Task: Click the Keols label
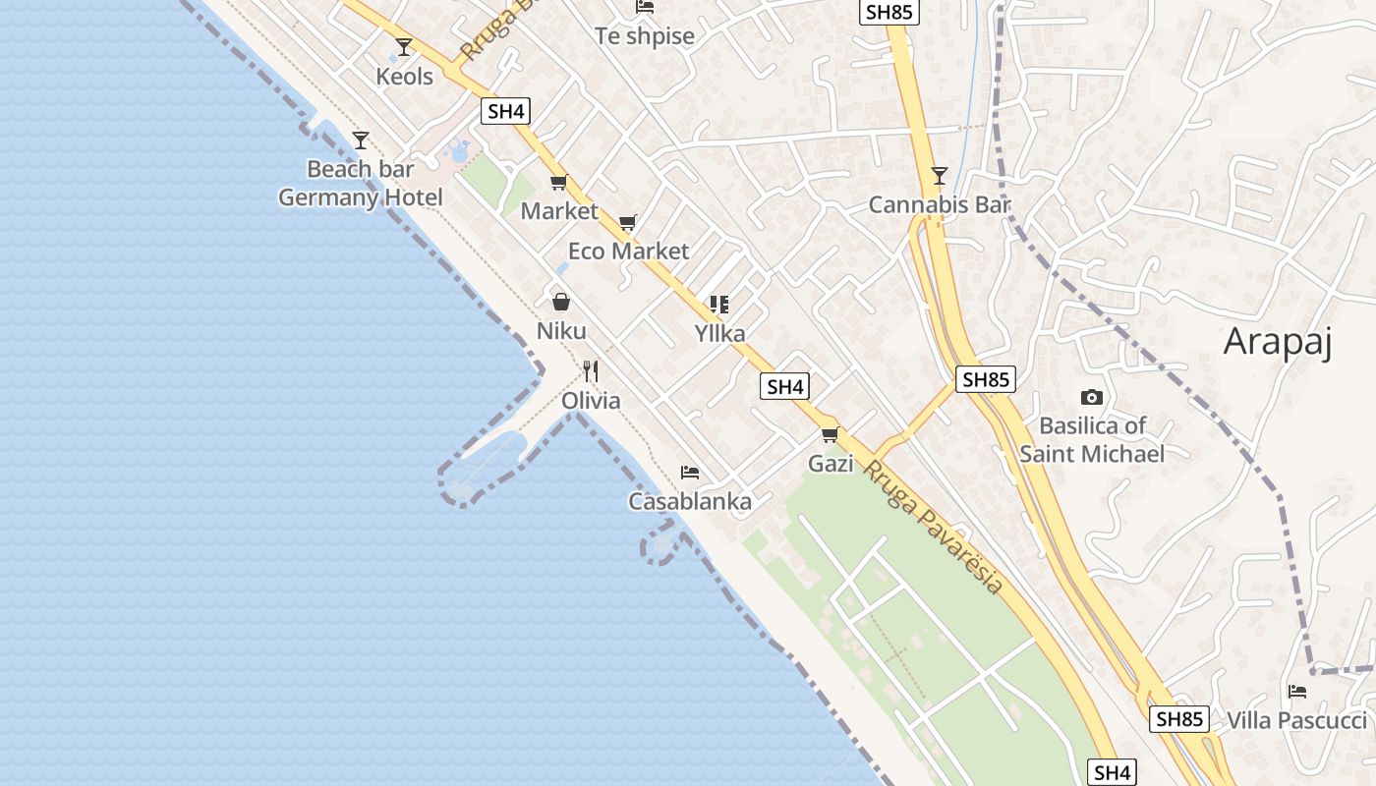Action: [x=404, y=76]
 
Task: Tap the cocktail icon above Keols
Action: [x=404, y=46]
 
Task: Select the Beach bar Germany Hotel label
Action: [x=361, y=184]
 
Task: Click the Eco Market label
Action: [x=629, y=251]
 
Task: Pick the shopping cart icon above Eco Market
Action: [x=628, y=222]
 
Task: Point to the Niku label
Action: [x=561, y=330]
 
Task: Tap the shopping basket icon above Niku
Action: [x=561, y=302]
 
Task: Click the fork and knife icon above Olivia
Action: [x=591, y=371]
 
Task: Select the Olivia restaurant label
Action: [x=591, y=400]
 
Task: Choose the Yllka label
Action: [x=720, y=333]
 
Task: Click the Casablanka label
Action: [x=690, y=501]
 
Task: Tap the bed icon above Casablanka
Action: [x=690, y=473]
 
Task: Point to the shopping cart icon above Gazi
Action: [x=831, y=434]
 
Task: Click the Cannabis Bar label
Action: [x=940, y=205]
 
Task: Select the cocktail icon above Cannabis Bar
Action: [x=940, y=176]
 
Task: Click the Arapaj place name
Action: [x=1278, y=342]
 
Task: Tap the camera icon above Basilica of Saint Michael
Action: [x=1091, y=397]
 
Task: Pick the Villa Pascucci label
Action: [x=1296, y=720]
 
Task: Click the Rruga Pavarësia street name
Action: [x=933, y=527]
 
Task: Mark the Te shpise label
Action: [x=645, y=36]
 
